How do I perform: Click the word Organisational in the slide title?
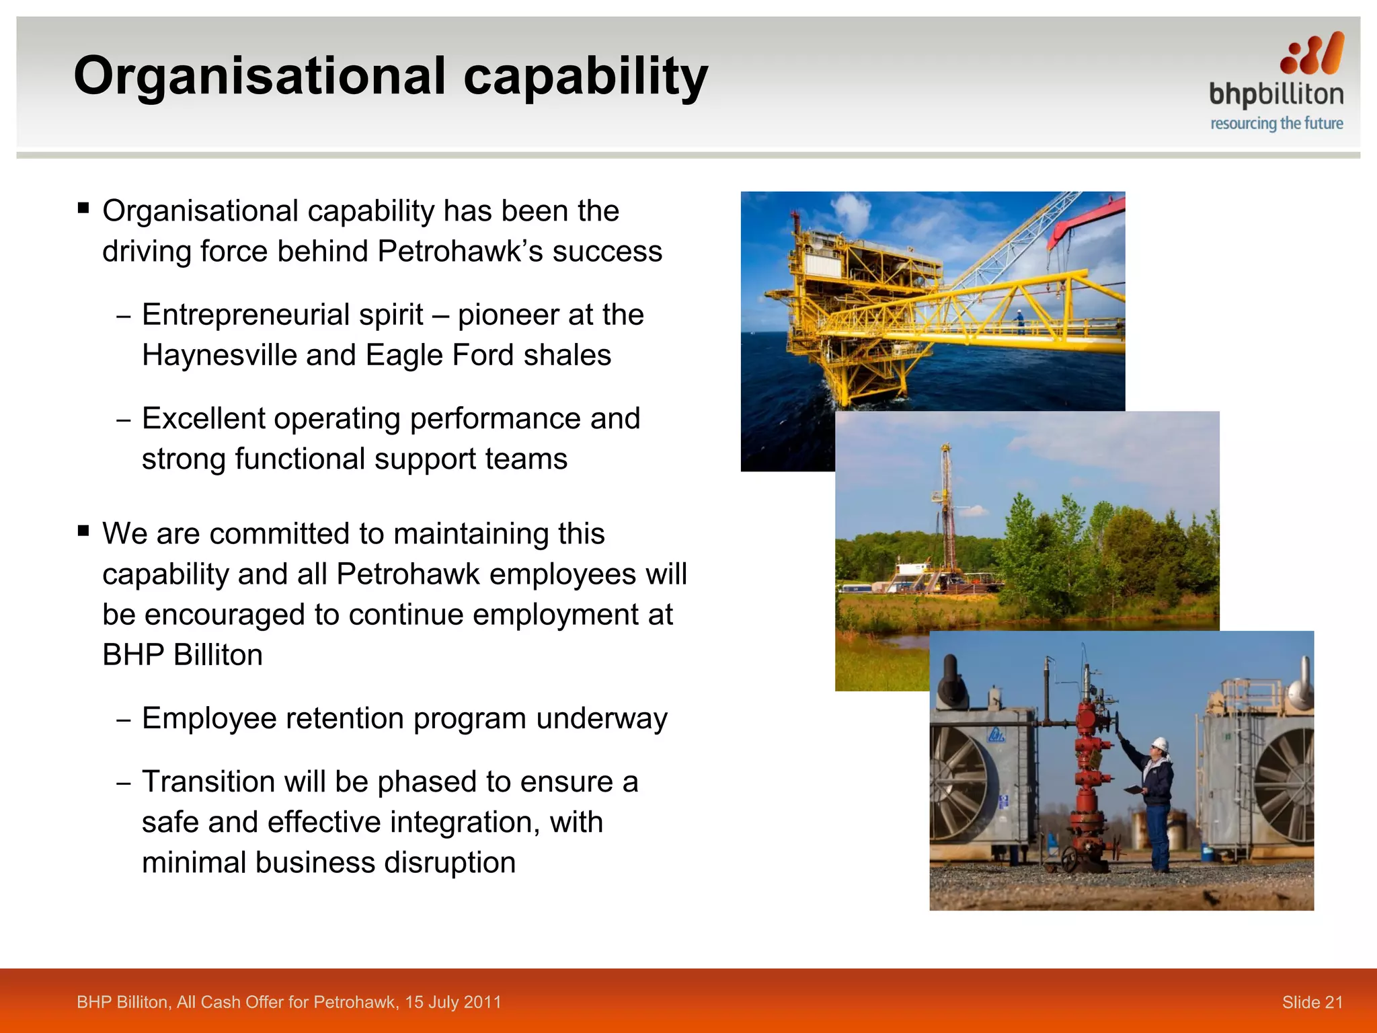(260, 77)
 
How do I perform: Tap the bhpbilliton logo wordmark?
(1275, 95)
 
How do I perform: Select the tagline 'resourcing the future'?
(1276, 124)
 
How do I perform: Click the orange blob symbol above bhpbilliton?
(1312, 54)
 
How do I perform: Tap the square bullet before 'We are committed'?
(83, 531)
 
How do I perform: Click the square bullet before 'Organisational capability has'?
(83, 208)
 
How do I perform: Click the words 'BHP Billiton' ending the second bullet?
(182, 655)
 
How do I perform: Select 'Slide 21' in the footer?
(1312, 1002)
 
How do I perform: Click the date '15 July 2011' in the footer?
(453, 1002)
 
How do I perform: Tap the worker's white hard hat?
(1159, 744)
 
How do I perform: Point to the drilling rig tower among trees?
(947, 511)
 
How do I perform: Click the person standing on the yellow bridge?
(1020, 321)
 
